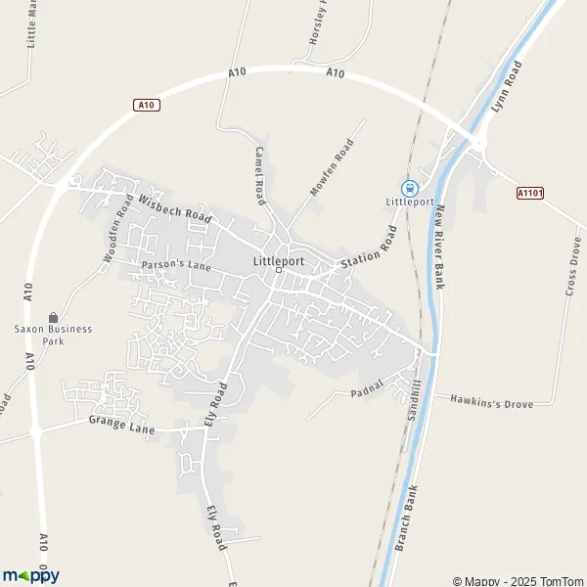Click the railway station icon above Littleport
pos(410,188)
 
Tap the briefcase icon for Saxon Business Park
pos(53,317)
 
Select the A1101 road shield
pos(529,194)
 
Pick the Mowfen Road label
pos(331,167)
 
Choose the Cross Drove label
pos(573,265)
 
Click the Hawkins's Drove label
pos(491,401)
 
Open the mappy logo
pos(30,575)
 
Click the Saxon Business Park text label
pos(53,335)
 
